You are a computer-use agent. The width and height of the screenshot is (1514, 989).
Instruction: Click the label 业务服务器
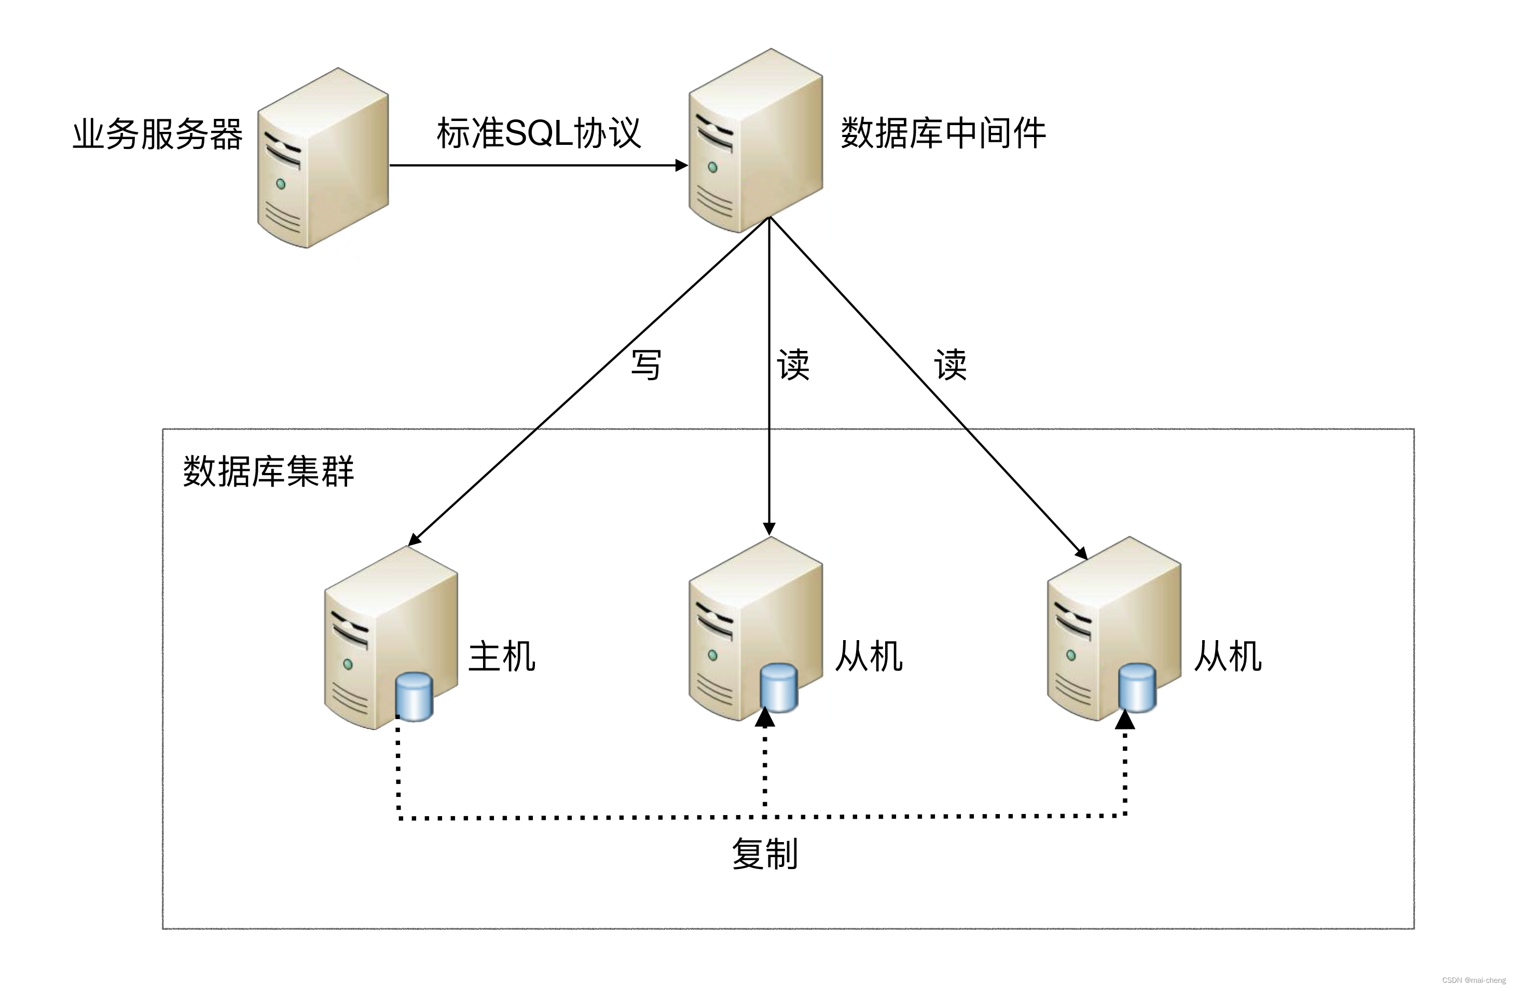point(157,134)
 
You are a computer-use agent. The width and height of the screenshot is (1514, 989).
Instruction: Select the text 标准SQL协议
point(539,133)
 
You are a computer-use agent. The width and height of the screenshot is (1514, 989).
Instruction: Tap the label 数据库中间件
point(943,133)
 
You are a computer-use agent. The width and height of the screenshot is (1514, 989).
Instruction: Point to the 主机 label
point(502,656)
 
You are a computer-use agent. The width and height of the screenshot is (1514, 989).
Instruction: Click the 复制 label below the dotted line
point(765,854)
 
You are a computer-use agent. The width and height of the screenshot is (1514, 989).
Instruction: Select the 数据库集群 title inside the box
point(268,471)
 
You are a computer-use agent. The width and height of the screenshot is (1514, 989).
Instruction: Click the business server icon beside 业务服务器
point(323,158)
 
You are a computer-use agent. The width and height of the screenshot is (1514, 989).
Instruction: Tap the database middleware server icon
point(756,140)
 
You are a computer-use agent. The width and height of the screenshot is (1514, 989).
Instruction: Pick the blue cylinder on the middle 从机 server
point(779,688)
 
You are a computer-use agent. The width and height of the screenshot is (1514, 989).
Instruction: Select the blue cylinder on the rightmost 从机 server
point(1137,688)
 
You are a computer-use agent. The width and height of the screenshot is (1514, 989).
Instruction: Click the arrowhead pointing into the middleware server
point(681,166)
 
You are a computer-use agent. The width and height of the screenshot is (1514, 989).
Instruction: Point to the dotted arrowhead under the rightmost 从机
point(1125,720)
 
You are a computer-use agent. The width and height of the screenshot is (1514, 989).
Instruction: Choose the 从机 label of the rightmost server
point(1228,656)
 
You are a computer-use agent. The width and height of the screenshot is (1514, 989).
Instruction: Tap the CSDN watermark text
point(1474,980)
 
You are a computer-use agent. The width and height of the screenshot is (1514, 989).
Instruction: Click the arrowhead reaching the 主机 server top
point(414,540)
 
